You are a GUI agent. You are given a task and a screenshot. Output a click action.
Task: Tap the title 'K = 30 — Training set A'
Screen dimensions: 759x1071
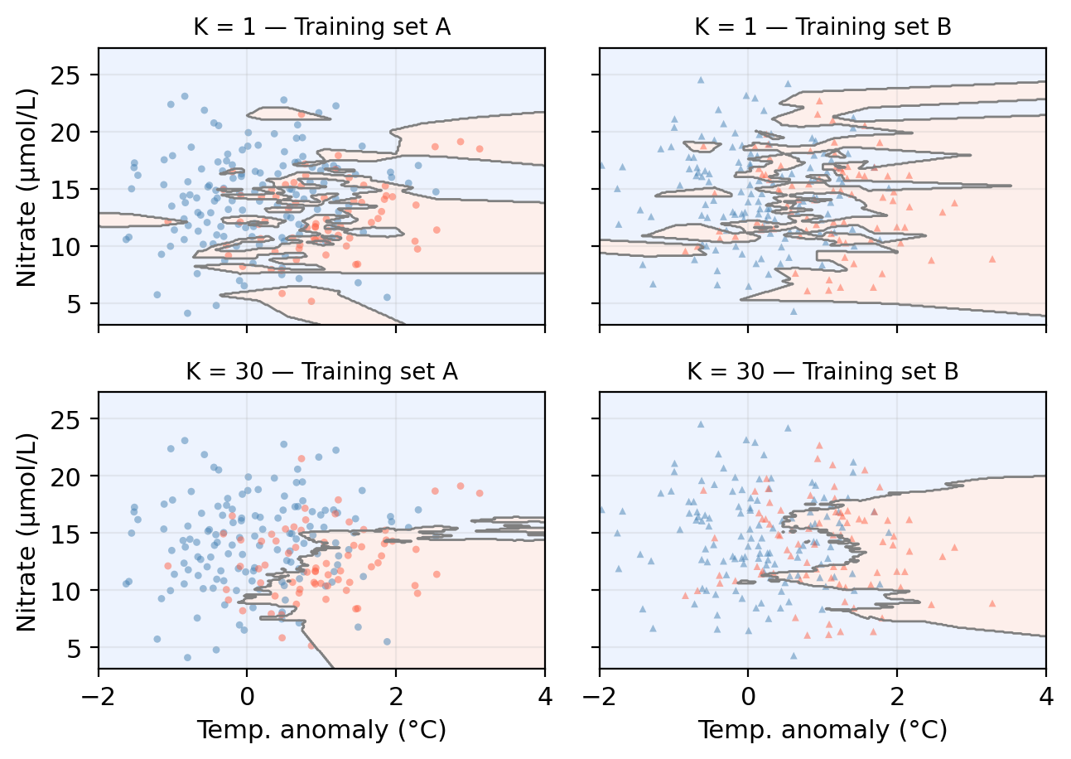pyautogui.click(x=321, y=372)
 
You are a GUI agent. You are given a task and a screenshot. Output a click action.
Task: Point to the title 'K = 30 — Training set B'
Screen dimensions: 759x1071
pyautogui.click(x=822, y=372)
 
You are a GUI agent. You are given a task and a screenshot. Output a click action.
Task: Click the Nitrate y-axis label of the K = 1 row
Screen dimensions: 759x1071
pyautogui.click(x=27, y=186)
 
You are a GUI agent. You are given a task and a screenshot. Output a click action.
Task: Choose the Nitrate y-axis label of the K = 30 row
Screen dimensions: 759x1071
pyautogui.click(x=27, y=529)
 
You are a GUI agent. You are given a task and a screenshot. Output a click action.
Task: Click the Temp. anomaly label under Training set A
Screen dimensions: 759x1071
pyautogui.click(x=321, y=730)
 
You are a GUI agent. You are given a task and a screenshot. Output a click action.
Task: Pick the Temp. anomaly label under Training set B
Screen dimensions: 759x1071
pyautogui.click(x=822, y=730)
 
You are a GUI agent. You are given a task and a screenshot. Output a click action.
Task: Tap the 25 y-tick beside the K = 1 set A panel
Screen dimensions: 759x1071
pyautogui.click(x=76, y=75)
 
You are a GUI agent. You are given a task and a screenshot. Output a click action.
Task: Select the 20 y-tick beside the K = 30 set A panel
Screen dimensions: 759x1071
pyautogui.click(x=76, y=476)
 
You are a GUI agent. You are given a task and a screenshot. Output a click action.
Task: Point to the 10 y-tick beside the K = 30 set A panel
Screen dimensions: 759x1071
pyautogui.click(x=76, y=591)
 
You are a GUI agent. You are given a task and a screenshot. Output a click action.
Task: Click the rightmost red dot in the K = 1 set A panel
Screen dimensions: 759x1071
pyautogui.click(x=479, y=149)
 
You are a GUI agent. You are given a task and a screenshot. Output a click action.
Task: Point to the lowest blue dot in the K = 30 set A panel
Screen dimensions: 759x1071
pyautogui.click(x=187, y=657)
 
